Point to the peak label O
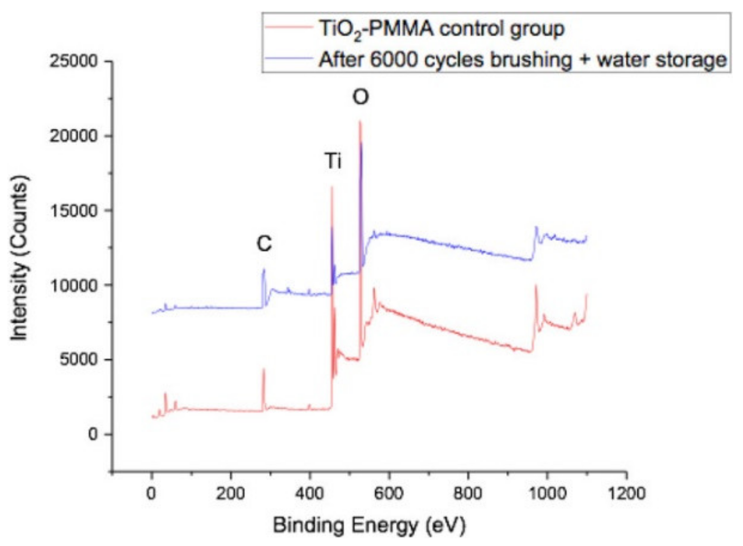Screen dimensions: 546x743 (x=360, y=98)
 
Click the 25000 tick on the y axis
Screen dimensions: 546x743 (x=73, y=62)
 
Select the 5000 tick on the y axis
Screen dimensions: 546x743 (x=78, y=360)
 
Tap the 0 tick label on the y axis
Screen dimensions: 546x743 (x=94, y=434)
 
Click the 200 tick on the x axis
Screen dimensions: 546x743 (x=230, y=494)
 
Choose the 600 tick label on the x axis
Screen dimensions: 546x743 (x=389, y=494)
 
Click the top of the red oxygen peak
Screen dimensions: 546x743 (x=360, y=122)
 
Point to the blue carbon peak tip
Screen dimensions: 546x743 (x=264, y=269)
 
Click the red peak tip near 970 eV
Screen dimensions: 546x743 (x=535, y=285)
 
